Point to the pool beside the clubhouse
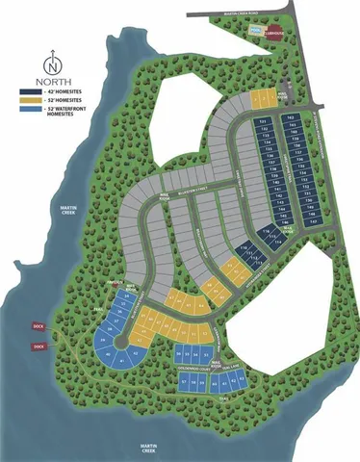coord(253,32)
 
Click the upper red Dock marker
coord(39,324)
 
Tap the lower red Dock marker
coord(39,346)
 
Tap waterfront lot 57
coord(184,382)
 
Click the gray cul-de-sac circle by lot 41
coord(119,342)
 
